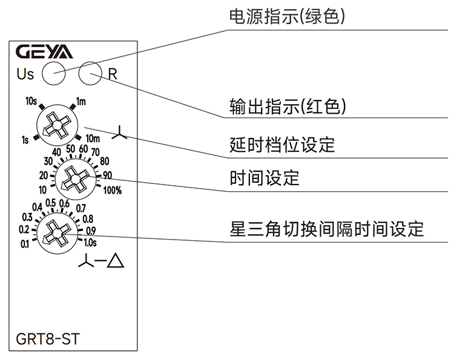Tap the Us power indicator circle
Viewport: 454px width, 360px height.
53,74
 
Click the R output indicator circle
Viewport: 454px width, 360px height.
91,74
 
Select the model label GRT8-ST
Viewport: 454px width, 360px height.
48,338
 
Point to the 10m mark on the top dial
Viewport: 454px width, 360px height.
93,140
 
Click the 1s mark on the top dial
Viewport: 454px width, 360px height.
25,140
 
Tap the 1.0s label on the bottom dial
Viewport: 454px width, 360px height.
90,243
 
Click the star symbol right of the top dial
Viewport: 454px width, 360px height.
121,133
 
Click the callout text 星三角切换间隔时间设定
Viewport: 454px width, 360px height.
327,229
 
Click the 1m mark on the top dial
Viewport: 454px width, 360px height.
81,101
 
